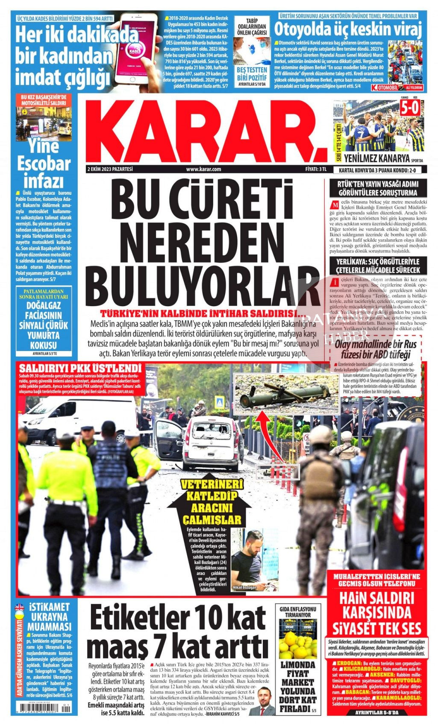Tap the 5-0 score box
point(409,108)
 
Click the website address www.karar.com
point(203,169)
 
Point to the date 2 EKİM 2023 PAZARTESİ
point(110,169)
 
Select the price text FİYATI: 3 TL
point(316,169)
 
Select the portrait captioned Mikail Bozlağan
point(247,559)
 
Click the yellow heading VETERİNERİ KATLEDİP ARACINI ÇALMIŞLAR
point(212,502)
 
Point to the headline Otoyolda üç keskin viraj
point(348,30)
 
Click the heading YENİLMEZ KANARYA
point(376,158)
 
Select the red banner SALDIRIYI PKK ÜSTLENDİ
point(80,368)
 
